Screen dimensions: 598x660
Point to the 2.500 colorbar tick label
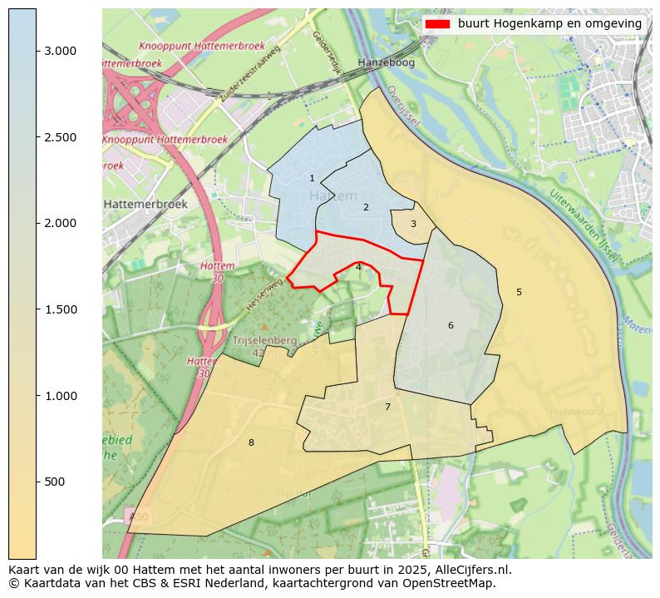pyautogui.click(x=60, y=137)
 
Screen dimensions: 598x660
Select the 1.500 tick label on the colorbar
pyautogui.click(x=60, y=309)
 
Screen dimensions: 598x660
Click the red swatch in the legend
pyautogui.click(x=437, y=24)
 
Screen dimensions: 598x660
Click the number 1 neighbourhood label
pyautogui.click(x=312, y=178)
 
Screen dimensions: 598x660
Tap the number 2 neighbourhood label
pyautogui.click(x=365, y=207)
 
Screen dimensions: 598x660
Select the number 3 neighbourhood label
pyautogui.click(x=413, y=224)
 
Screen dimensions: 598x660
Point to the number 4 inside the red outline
pyautogui.click(x=358, y=267)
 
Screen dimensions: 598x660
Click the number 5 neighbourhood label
pyautogui.click(x=519, y=292)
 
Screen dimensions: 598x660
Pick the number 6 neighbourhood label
pyautogui.click(x=451, y=325)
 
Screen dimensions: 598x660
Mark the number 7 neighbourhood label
pyautogui.click(x=387, y=407)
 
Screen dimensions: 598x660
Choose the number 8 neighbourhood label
pyautogui.click(x=251, y=442)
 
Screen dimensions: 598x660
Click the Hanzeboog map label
pyautogui.click(x=385, y=62)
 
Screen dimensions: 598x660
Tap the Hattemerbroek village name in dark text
pyautogui.click(x=145, y=204)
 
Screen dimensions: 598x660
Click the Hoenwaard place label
pyautogui.click(x=575, y=411)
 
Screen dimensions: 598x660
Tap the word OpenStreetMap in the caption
pyautogui.click(x=453, y=583)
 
